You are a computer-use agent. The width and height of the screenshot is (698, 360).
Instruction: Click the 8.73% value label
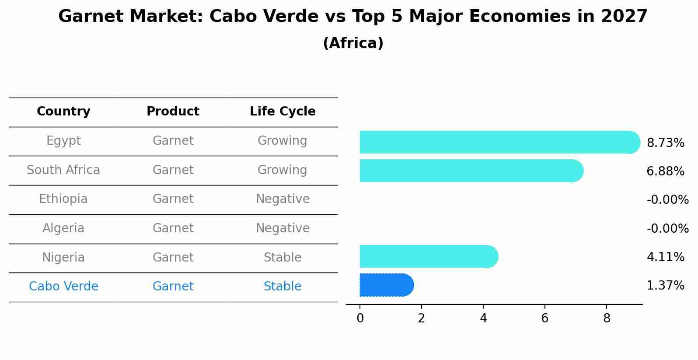(x=665, y=143)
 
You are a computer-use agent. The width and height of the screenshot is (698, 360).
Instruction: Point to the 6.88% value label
(x=665, y=171)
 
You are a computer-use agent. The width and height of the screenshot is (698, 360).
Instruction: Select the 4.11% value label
(x=665, y=257)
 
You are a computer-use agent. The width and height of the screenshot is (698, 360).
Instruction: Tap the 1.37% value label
(x=665, y=286)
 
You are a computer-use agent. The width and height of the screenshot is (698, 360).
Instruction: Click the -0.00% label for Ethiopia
(x=667, y=200)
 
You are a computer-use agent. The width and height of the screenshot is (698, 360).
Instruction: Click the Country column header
(x=63, y=112)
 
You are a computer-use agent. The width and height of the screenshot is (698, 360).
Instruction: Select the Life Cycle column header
(x=283, y=112)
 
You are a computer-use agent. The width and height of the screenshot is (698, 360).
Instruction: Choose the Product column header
(x=173, y=112)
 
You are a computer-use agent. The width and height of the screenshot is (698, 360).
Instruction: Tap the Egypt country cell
(x=63, y=141)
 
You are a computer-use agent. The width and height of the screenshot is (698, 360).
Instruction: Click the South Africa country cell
(x=63, y=170)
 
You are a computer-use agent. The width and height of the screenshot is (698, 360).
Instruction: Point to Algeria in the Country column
(x=63, y=228)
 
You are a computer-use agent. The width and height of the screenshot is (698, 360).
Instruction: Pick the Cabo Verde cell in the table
(x=63, y=287)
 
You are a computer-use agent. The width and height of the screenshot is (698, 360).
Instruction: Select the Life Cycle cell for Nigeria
(x=283, y=258)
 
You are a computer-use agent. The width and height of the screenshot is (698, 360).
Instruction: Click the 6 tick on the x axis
(x=544, y=318)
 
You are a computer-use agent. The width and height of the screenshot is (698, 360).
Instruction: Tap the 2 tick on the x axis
(x=421, y=318)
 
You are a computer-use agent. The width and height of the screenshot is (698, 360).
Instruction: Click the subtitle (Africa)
(x=353, y=43)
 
